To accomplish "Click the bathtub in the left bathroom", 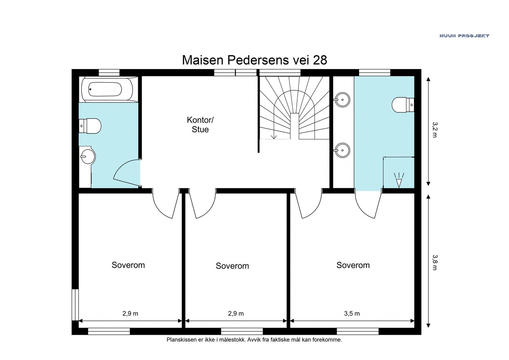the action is pos(107,89).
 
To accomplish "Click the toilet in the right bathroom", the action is pos(403,105).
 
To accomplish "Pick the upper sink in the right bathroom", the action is pos(342,100).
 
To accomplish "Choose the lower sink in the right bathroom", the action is pos(342,150).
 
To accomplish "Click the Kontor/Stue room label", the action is pos(200,125).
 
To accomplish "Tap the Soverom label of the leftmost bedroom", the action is pos(128,265).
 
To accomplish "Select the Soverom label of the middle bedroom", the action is pos(232,266).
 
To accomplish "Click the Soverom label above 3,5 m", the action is pos(353,265).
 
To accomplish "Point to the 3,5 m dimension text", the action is pos(352,314).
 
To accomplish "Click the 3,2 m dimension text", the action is pos(435,130).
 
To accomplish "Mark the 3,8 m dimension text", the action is pos(435,262).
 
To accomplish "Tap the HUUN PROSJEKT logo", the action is pos(464,36).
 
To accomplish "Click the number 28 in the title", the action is pos(320,60).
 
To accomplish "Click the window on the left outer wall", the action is pos(75,305).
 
